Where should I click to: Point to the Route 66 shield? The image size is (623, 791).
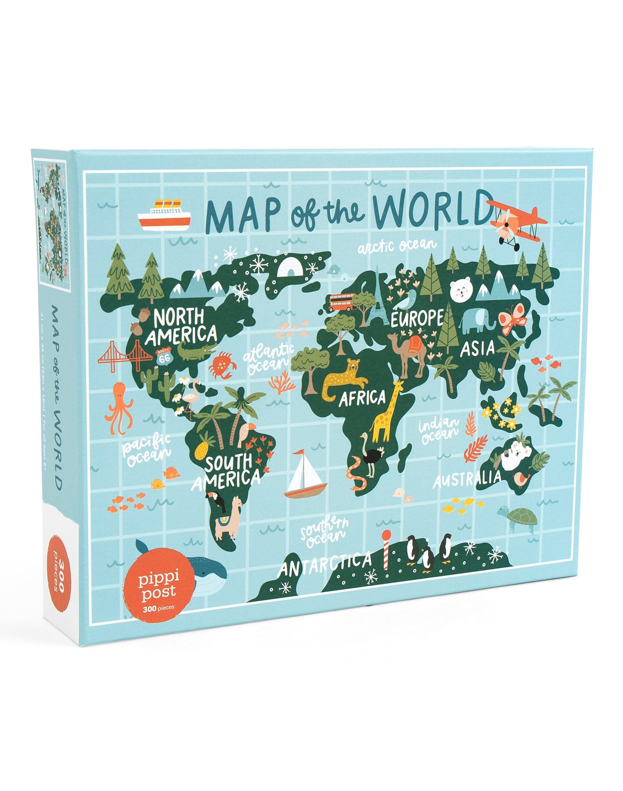point(164,356)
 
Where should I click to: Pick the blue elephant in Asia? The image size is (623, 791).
point(476,321)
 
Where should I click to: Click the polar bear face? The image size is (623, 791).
point(461,291)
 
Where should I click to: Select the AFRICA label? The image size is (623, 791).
point(362,398)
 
